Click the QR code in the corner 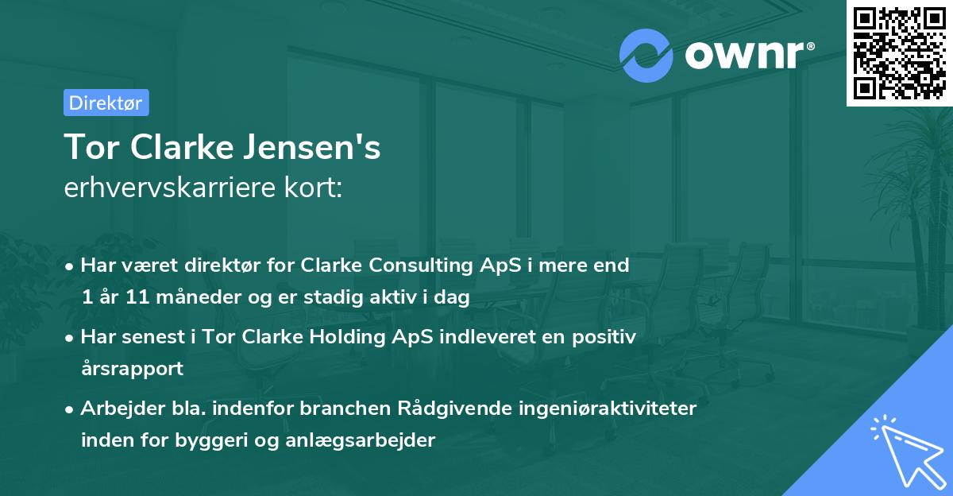[900, 52]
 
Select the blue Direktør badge [106, 103]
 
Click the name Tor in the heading [88, 148]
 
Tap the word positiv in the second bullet [605, 337]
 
